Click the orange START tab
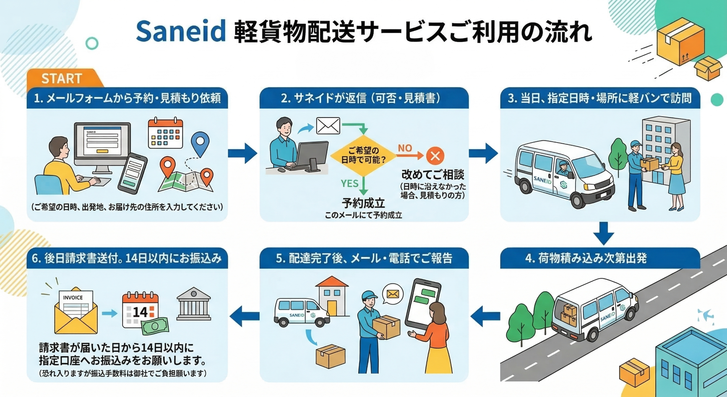[x=62, y=78]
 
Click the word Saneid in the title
[x=180, y=31]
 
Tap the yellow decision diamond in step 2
[x=363, y=155]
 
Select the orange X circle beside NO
[x=435, y=156]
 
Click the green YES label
[x=349, y=183]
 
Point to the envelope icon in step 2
[x=328, y=126]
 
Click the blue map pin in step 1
[x=200, y=143]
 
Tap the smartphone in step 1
[x=133, y=173]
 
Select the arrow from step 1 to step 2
[x=242, y=153]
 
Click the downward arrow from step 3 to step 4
[x=604, y=233]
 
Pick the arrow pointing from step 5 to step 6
[x=244, y=316]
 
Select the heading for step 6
[x=127, y=258]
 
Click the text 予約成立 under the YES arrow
[x=363, y=203]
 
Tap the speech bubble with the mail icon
[x=393, y=294]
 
